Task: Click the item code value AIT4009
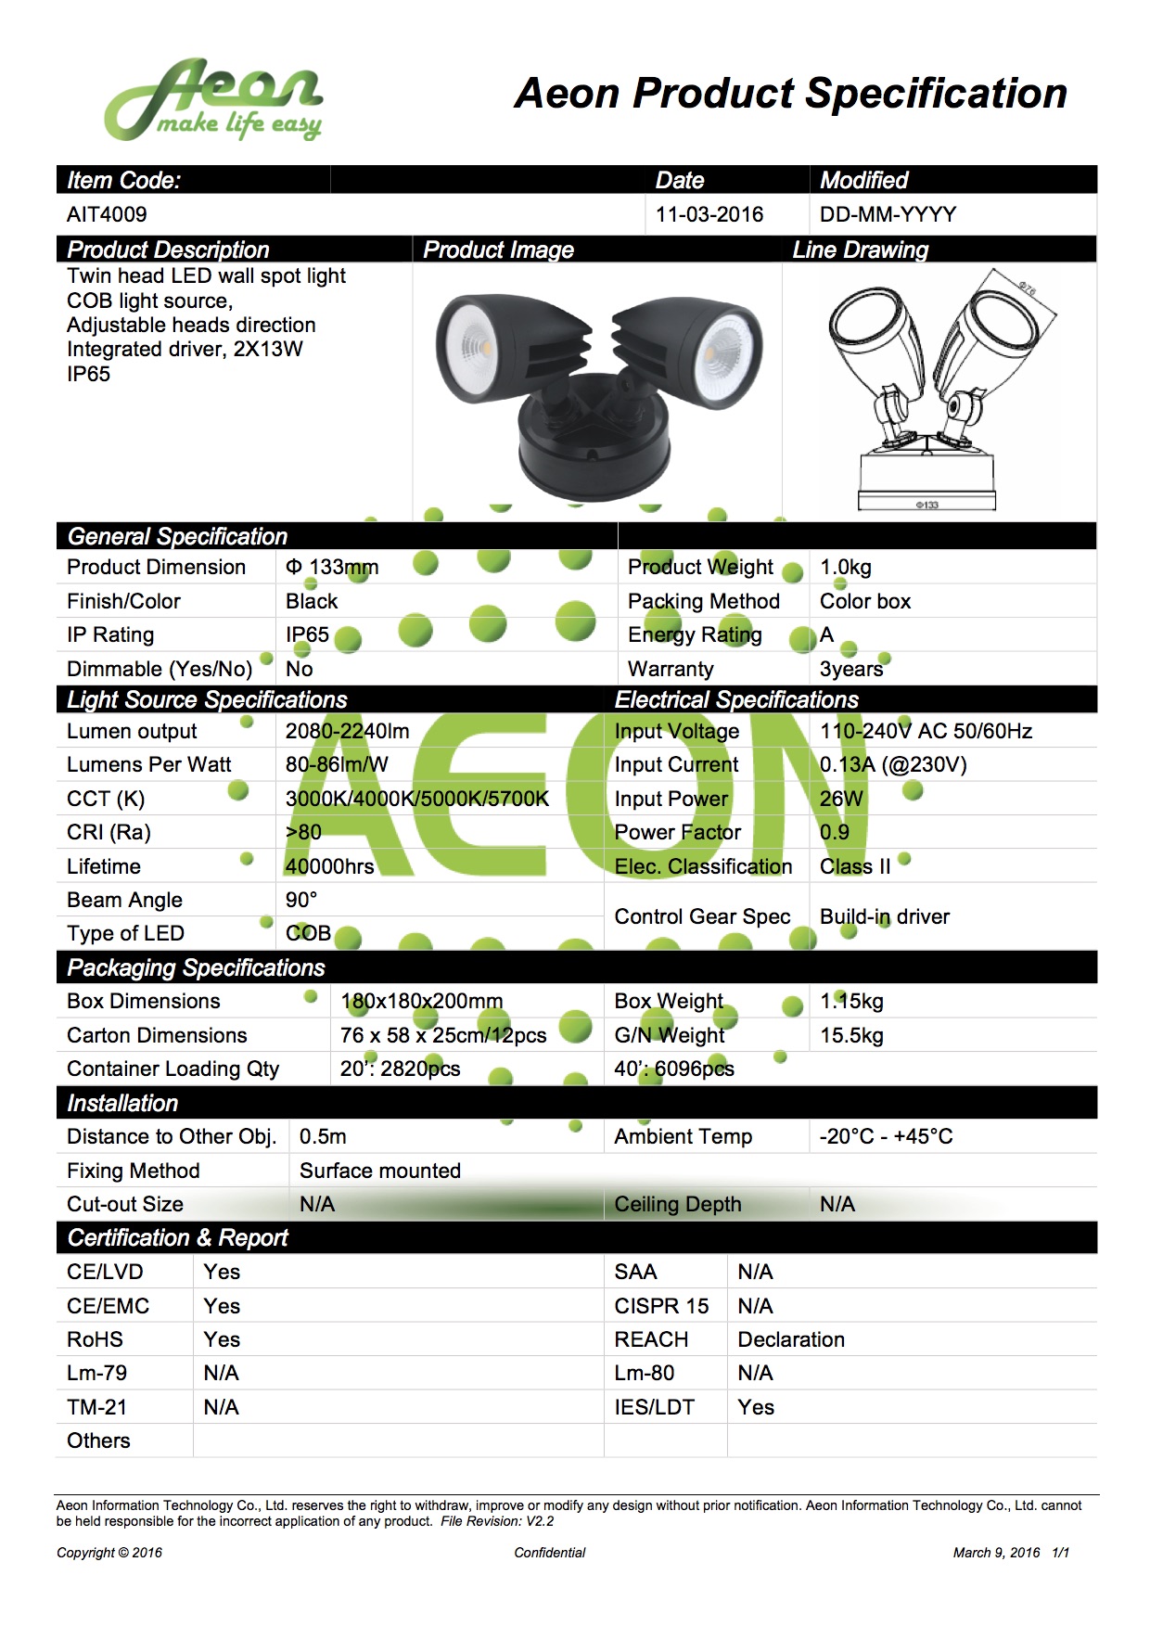point(107,214)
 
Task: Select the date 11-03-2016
point(709,214)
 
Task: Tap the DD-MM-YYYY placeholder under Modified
point(888,214)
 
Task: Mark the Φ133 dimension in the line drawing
point(926,505)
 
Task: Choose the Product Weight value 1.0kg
point(845,567)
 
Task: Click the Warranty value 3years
point(851,669)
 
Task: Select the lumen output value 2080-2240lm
point(347,731)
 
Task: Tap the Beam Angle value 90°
point(301,900)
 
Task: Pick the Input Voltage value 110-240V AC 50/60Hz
point(926,731)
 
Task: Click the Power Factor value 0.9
point(834,832)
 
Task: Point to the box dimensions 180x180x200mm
point(422,1001)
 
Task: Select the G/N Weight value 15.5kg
point(851,1035)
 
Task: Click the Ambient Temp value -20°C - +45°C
point(886,1136)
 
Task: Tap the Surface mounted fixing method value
point(380,1171)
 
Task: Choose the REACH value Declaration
point(791,1339)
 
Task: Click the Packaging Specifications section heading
point(196,967)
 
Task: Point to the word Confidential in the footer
point(550,1553)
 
